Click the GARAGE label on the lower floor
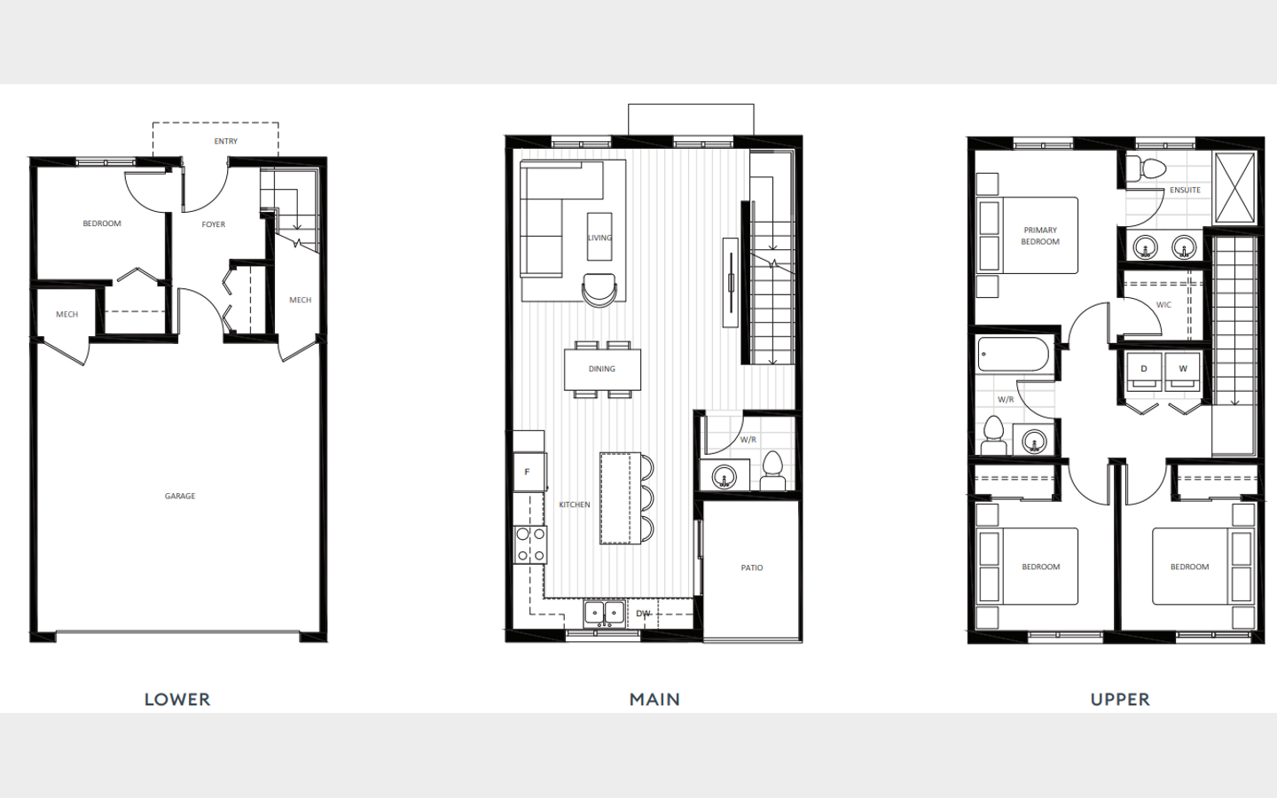[180, 496]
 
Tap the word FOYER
[213, 224]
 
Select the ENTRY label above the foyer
[226, 141]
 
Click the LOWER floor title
[177, 700]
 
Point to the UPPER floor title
[1120, 700]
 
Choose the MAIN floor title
[654, 700]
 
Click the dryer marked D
[1144, 372]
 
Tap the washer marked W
[1182, 372]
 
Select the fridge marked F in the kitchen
[529, 472]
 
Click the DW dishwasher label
[643, 614]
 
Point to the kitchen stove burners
[530, 545]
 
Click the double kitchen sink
[604, 614]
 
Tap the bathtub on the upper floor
[1013, 355]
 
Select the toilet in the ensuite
[1146, 168]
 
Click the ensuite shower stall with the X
[1234, 188]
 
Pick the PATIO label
[752, 567]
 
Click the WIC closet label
[1163, 305]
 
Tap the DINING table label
[602, 369]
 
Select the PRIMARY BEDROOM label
[1040, 236]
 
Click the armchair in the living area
[599, 290]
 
